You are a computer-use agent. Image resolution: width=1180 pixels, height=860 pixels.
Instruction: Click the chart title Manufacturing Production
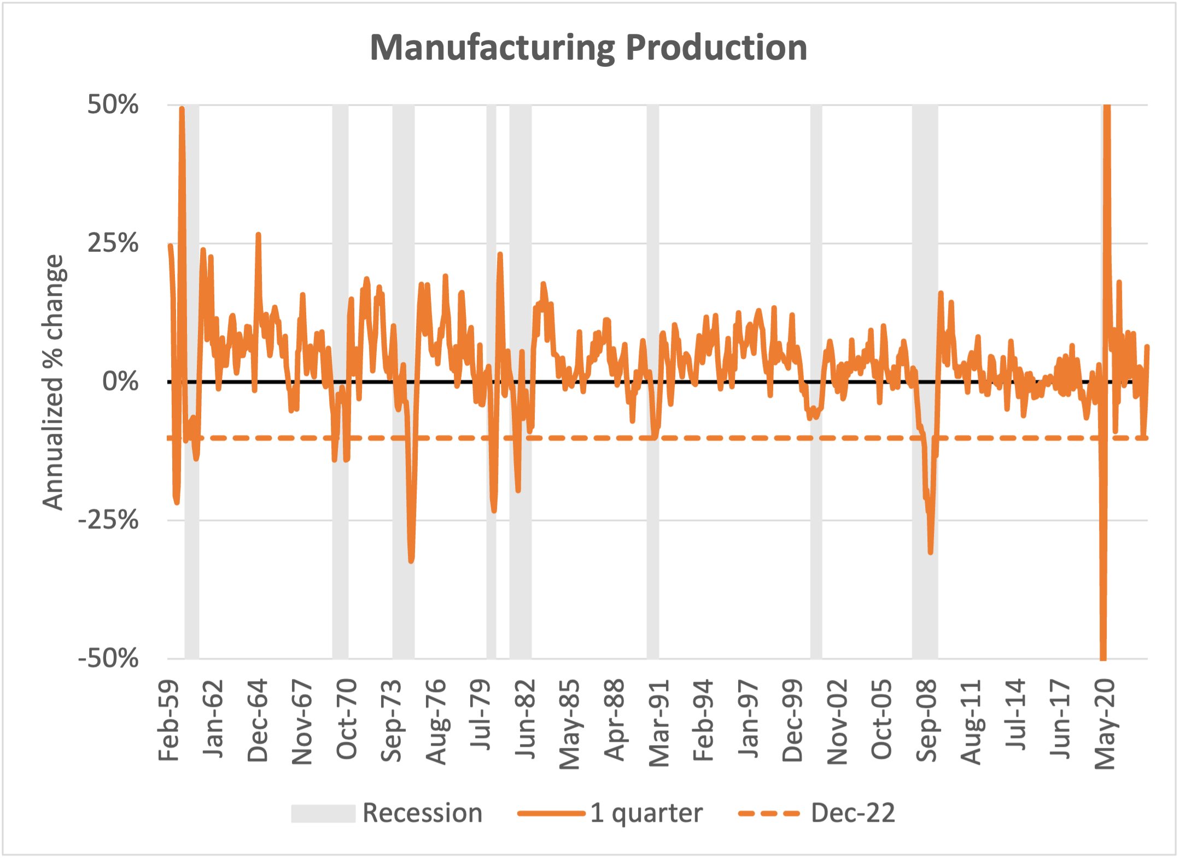pos(588,48)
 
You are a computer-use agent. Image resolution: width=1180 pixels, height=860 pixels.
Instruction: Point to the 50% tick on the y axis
pos(113,104)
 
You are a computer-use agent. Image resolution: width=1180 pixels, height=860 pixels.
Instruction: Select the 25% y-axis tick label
pos(113,243)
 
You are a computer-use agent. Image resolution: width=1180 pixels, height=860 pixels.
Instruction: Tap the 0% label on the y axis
pos(121,381)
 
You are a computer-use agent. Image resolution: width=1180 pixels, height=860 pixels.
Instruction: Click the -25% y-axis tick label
pos(109,520)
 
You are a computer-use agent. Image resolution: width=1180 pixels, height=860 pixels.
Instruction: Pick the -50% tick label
pos(109,658)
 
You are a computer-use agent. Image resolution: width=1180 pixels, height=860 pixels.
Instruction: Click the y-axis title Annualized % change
pos(54,382)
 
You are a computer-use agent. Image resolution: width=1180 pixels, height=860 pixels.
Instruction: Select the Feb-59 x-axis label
pos(168,720)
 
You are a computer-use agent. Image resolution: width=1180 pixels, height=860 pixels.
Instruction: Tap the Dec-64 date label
pos(258,721)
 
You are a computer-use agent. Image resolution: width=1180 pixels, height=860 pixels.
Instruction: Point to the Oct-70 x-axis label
pos(347,719)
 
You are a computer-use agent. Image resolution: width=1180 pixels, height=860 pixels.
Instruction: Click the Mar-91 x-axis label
pos(659,723)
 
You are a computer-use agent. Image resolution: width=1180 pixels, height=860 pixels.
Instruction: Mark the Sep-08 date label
pos(926,721)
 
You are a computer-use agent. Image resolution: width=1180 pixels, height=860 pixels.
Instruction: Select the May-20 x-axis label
pos(1105,724)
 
